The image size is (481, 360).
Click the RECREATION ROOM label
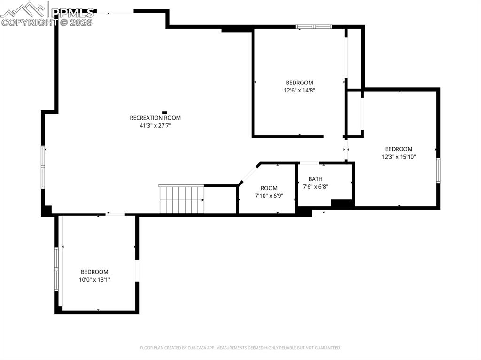(x=155, y=118)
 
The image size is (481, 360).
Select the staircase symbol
(x=182, y=199)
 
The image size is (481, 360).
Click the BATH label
(x=315, y=179)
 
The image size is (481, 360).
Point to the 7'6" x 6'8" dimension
(x=315, y=186)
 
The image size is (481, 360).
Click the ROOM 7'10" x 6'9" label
(x=269, y=191)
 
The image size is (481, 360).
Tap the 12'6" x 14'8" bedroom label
(x=299, y=86)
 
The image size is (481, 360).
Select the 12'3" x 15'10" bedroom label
(x=399, y=153)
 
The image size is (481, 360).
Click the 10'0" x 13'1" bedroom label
(x=94, y=276)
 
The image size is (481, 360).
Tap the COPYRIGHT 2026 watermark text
(x=47, y=22)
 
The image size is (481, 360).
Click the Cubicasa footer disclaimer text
(x=240, y=348)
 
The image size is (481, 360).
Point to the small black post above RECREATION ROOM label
(x=164, y=112)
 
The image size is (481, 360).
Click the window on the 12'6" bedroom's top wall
(x=314, y=27)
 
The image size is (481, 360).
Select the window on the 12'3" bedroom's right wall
(x=438, y=170)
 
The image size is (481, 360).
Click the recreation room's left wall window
(x=43, y=167)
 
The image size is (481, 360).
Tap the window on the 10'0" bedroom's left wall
(x=56, y=268)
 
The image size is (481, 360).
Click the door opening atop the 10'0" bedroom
(x=116, y=214)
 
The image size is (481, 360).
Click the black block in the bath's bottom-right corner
(x=342, y=204)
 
